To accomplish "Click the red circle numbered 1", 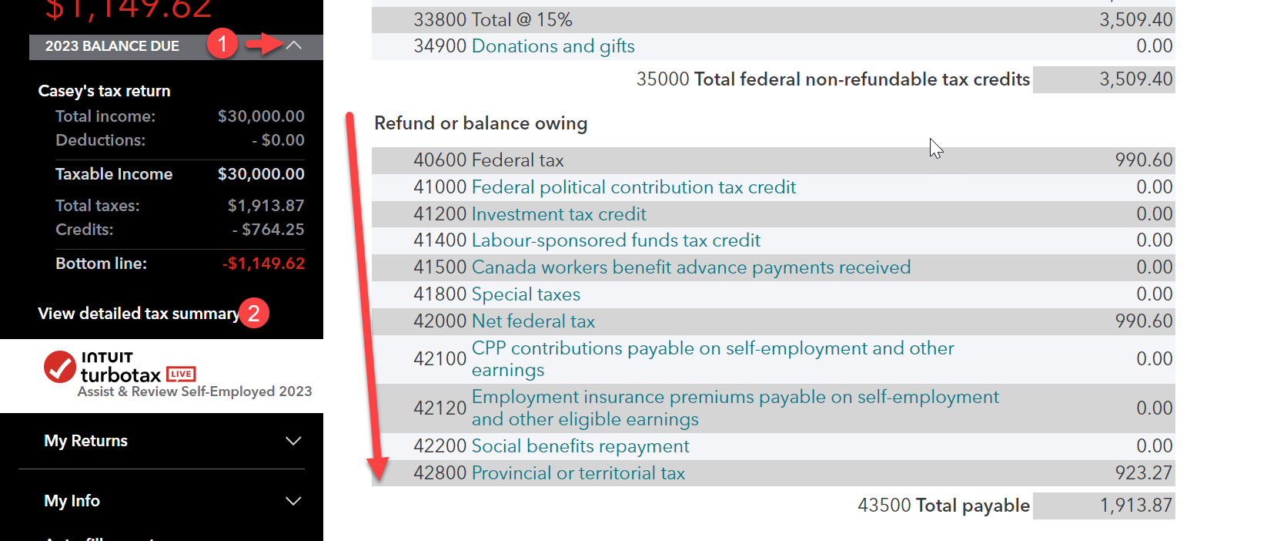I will (222, 44).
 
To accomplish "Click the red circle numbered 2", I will (254, 314).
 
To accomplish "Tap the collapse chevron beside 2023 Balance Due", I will (294, 45).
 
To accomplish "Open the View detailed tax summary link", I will (139, 314).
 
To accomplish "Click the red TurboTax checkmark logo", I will (59, 367).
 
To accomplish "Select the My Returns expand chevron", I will (293, 441).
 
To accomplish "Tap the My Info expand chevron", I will (293, 501).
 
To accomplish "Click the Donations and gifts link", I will (553, 46).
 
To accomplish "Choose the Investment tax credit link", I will (558, 214).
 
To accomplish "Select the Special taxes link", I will (526, 294).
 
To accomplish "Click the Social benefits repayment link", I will (580, 446).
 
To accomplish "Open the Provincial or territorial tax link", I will (577, 473).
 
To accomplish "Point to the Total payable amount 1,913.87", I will (1135, 506).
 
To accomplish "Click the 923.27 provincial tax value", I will (1143, 473).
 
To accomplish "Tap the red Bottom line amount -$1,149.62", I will (263, 264).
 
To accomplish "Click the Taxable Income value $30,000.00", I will (261, 174).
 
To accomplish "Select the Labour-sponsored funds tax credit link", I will (615, 240).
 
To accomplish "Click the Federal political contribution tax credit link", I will (633, 187).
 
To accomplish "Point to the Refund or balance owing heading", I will (480, 123).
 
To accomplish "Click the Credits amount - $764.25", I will (268, 230).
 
